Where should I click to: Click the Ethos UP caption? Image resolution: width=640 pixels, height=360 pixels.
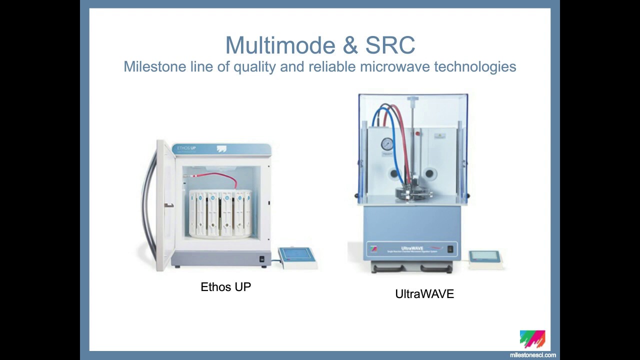coord(225,287)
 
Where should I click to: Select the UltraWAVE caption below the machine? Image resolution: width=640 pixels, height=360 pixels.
coord(424,294)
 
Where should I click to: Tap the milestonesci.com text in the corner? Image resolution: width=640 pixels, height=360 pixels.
coord(532,355)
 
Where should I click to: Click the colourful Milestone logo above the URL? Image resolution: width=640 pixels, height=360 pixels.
coord(532,338)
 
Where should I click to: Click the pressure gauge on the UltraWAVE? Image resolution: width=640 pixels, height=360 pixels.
coord(387,144)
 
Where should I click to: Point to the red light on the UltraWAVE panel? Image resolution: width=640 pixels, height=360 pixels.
coord(416,134)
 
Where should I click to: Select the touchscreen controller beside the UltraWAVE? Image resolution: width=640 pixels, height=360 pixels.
coord(484,257)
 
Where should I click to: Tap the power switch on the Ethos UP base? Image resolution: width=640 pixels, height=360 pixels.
coord(261,259)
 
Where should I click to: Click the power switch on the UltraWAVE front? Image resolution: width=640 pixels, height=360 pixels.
coord(450,248)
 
